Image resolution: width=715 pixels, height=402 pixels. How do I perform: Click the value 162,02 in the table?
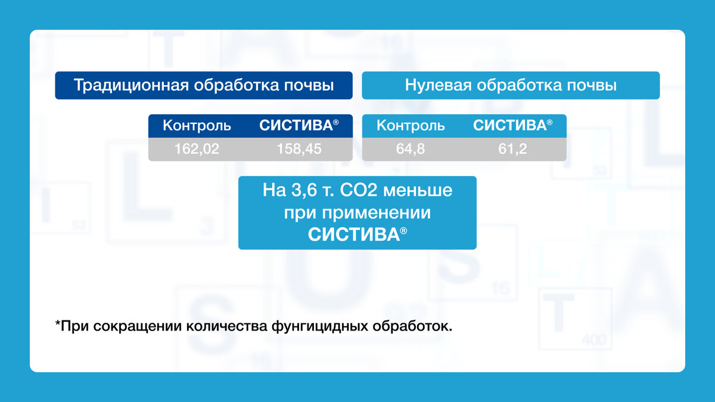[x=197, y=149]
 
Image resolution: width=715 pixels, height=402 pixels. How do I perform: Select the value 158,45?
[x=299, y=149]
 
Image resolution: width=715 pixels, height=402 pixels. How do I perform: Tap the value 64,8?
[x=411, y=149]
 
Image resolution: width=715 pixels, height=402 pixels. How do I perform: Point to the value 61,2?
[x=512, y=149]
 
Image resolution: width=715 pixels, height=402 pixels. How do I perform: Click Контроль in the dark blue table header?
[x=197, y=126]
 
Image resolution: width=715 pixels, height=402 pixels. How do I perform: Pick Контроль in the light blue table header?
[x=411, y=126]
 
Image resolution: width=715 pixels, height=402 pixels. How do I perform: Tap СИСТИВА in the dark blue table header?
[x=296, y=126]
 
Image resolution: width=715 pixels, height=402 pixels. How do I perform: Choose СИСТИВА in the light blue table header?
[x=509, y=126]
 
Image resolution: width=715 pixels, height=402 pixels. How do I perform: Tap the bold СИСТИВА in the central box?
[x=353, y=234]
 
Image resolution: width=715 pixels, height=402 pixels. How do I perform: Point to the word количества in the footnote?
[x=226, y=326]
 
